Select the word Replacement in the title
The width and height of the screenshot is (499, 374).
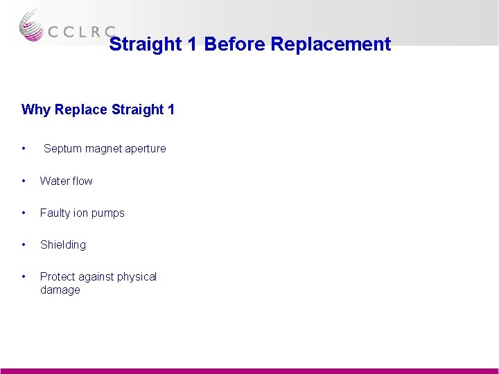[x=331, y=44]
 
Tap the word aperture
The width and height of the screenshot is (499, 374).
[x=144, y=149]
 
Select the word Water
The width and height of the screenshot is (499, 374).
[x=53, y=181]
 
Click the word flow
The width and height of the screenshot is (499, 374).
[x=81, y=181]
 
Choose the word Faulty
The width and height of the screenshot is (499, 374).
[x=55, y=213]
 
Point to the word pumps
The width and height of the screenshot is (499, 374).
[x=108, y=213]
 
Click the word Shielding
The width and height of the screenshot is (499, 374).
[x=63, y=244]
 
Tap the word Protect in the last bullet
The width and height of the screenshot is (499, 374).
[x=57, y=276]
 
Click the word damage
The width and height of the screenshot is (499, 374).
[x=60, y=290]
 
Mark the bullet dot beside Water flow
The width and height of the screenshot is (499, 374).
[x=24, y=181]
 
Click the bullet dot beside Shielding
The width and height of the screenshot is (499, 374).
[x=24, y=244]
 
